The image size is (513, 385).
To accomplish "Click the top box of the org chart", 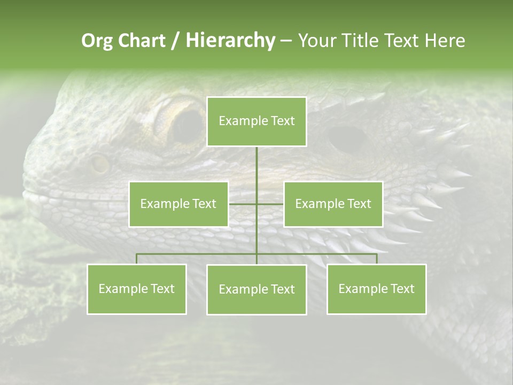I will click(x=256, y=121).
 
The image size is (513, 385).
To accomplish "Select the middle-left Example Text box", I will click(x=178, y=204).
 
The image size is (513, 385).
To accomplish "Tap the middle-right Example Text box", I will click(x=333, y=204).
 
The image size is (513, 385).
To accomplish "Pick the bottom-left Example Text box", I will click(x=137, y=289).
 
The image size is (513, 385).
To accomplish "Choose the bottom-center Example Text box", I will click(x=256, y=289).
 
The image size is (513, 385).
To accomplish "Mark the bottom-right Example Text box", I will click(x=376, y=289).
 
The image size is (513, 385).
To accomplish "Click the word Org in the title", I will click(x=96, y=41).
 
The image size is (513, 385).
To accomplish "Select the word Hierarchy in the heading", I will click(x=230, y=41).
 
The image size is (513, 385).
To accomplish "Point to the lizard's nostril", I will click(x=99, y=164).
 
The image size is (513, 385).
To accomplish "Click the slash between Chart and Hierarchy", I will click(x=176, y=41).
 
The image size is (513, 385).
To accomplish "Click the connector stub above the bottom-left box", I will click(x=137, y=259).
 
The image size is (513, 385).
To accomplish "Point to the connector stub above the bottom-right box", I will click(x=376, y=259).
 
